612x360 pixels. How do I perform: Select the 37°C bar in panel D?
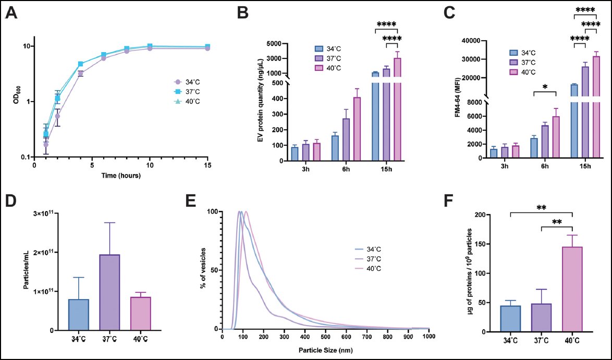pos(109,292)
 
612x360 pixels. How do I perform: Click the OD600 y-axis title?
pos(18,98)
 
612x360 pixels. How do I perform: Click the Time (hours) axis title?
pos(120,176)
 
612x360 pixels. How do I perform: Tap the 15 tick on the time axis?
pos(207,165)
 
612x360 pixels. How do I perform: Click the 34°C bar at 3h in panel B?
pos(295,154)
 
